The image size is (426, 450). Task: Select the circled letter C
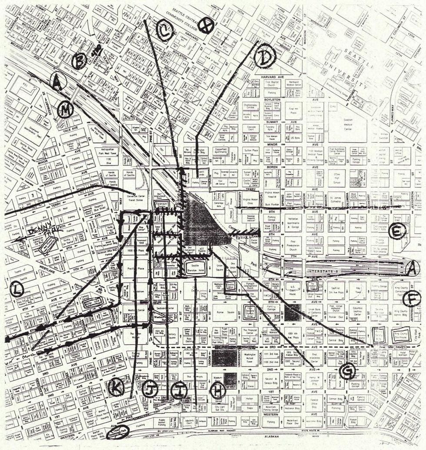click(x=164, y=31)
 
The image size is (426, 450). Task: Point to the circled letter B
click(x=79, y=61)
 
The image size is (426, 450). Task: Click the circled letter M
click(x=65, y=110)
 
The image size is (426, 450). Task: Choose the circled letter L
click(x=17, y=289)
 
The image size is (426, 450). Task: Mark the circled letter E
click(x=397, y=231)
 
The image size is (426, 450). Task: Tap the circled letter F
click(x=411, y=299)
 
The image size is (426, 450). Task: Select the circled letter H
click(x=217, y=390)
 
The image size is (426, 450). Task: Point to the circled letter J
click(x=150, y=390)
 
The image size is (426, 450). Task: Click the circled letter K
click(x=116, y=387)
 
